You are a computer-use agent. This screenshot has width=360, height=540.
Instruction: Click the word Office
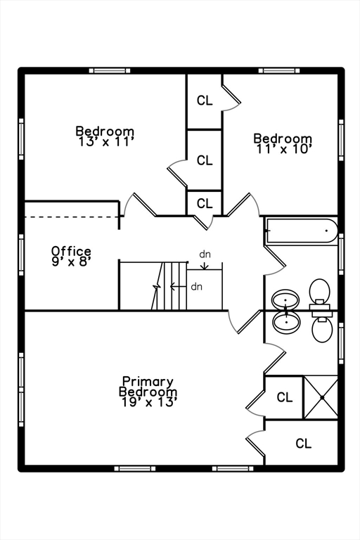click(x=71, y=251)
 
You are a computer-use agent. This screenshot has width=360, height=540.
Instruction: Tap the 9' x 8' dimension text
click(x=71, y=262)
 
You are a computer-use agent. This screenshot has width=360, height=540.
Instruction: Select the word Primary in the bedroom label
click(x=148, y=382)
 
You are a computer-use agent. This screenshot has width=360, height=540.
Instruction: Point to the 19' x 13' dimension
click(x=149, y=402)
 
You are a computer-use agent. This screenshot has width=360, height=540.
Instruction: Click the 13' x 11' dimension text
click(x=105, y=141)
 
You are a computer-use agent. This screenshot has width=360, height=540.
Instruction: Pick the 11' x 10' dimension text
click(x=284, y=149)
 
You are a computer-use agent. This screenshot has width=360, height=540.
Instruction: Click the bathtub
click(x=301, y=231)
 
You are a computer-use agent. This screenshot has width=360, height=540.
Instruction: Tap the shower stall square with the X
click(x=321, y=397)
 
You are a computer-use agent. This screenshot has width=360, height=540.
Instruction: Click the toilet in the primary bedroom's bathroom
click(x=322, y=327)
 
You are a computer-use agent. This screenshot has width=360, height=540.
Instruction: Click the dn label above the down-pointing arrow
click(x=205, y=255)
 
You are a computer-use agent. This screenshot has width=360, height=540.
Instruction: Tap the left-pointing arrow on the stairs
click(x=178, y=286)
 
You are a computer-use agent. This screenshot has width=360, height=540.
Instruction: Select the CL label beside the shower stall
click(x=285, y=397)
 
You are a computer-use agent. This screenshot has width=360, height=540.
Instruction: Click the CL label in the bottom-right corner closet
click(x=304, y=443)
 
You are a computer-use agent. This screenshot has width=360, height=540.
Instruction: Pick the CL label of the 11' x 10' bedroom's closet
click(x=205, y=101)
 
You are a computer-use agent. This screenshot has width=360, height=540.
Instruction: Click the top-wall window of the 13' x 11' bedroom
click(x=110, y=70)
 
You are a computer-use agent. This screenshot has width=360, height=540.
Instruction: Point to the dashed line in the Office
click(x=72, y=217)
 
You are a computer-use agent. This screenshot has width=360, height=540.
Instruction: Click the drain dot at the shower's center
click(x=323, y=397)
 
